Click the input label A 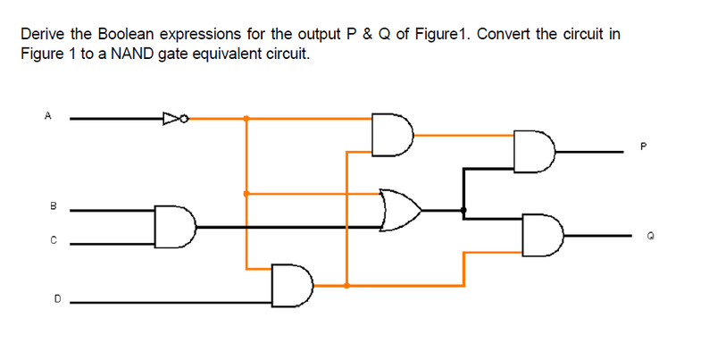click(x=47, y=115)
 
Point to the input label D click(x=56, y=301)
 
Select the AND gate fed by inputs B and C click(x=175, y=226)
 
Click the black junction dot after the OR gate click(x=463, y=211)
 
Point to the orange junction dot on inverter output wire click(x=246, y=117)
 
